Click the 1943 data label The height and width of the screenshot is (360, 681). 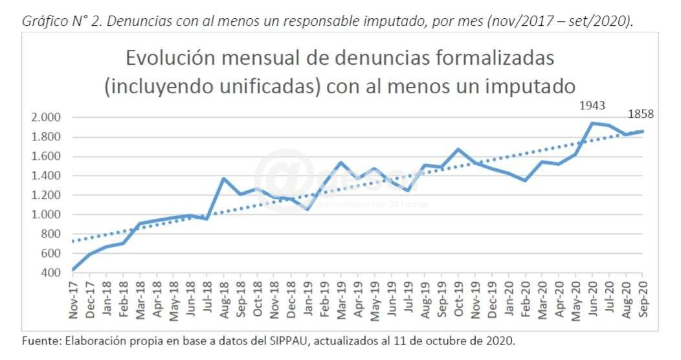(x=592, y=105)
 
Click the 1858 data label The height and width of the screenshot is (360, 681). (x=641, y=114)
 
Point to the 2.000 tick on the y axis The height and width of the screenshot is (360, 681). (x=45, y=117)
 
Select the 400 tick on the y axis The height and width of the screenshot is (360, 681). (x=50, y=273)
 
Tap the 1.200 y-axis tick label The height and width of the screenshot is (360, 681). (x=45, y=195)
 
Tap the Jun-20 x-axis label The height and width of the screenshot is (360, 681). (x=593, y=298)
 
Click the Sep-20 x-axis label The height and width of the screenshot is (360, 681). (x=643, y=298)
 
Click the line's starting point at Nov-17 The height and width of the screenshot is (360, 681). (x=73, y=269)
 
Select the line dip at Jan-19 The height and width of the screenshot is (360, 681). (x=308, y=209)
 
